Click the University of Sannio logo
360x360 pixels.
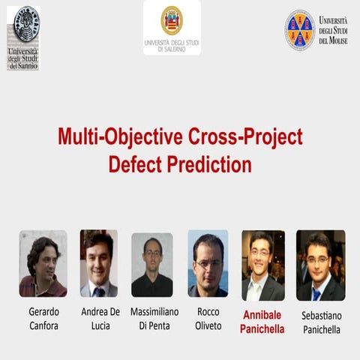[23, 37]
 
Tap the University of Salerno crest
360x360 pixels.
[172, 20]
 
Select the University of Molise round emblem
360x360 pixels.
[300, 30]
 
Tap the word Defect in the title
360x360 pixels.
[139, 164]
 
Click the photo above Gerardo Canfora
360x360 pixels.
[43, 263]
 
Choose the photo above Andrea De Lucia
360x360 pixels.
[99, 263]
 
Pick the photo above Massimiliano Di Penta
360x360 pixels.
[152, 265]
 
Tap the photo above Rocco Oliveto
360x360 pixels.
[208, 263]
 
